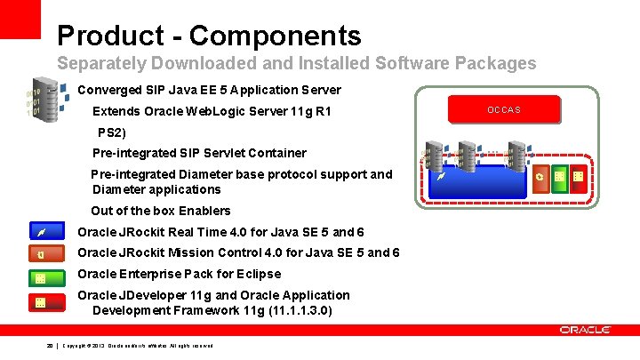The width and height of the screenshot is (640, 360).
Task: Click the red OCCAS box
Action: pos(504,109)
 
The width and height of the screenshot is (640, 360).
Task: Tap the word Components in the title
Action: pos(275,36)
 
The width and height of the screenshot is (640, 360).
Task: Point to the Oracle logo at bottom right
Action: pos(585,330)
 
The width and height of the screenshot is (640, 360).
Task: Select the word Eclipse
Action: pos(258,274)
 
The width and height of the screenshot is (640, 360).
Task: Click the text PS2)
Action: pos(112,132)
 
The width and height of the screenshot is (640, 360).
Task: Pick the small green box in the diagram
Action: pos(559,179)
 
